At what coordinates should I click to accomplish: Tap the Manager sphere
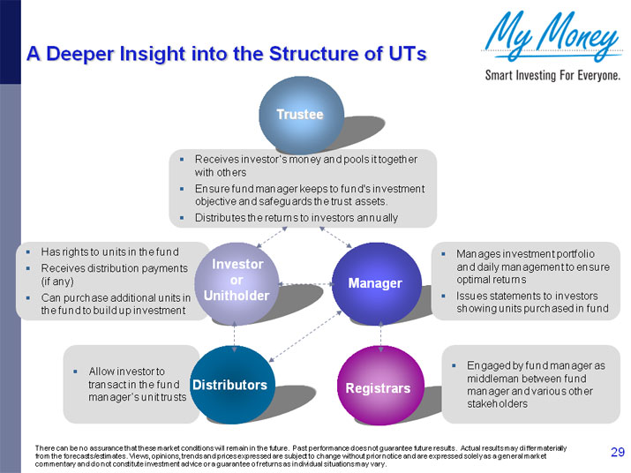click(x=374, y=283)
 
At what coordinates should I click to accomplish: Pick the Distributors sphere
click(x=229, y=386)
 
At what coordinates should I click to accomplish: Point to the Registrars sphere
click(x=378, y=388)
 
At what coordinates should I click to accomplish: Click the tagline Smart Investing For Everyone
click(x=552, y=75)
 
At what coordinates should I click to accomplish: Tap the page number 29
click(x=618, y=453)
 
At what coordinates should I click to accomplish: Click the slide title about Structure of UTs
click(x=227, y=54)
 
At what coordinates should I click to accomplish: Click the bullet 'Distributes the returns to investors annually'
click(x=296, y=217)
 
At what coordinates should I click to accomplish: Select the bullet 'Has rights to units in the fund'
click(x=109, y=252)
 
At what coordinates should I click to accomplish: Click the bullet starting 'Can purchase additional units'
click(x=115, y=304)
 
